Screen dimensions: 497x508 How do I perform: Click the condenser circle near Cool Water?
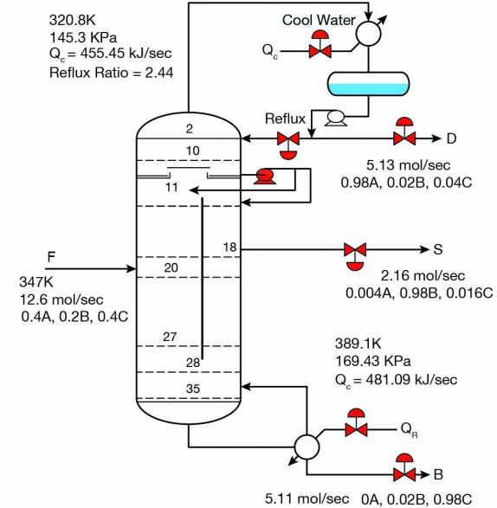[x=368, y=34]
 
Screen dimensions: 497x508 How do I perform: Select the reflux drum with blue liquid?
[x=368, y=84]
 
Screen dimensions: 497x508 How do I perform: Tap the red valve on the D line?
[x=404, y=132]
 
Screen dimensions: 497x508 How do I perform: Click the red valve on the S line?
[x=355, y=256]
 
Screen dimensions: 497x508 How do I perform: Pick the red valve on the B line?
[x=404, y=468]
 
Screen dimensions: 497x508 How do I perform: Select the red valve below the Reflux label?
[x=288, y=145]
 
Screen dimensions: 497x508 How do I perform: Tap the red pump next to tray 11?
[x=265, y=177]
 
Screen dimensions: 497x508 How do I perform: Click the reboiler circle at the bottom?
[x=307, y=447]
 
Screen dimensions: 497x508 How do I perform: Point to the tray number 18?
[x=229, y=248]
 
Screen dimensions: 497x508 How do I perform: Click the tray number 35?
[x=193, y=389]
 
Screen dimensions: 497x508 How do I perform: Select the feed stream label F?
[x=51, y=257]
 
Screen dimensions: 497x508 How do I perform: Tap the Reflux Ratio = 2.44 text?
[x=111, y=73]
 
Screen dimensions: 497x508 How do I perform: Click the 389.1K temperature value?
[x=358, y=344]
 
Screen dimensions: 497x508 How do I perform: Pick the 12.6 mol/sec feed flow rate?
[x=61, y=299]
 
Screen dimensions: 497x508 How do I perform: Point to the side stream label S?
[x=437, y=249]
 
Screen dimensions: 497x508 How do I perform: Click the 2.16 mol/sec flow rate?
[x=423, y=276]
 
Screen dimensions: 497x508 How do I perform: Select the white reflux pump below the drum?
[x=336, y=118]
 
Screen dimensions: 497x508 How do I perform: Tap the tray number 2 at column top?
[x=190, y=129]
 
